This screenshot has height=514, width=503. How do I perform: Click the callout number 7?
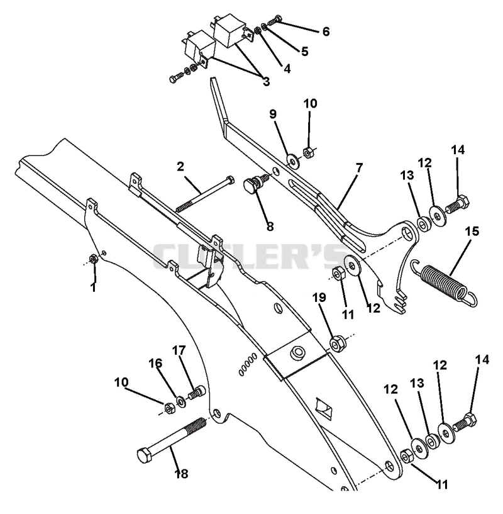[359, 168]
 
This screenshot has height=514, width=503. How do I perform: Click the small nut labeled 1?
[93, 259]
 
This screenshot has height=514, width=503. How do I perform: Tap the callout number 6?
[326, 32]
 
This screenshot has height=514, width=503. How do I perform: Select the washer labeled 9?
[292, 160]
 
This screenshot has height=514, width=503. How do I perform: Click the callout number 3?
[266, 82]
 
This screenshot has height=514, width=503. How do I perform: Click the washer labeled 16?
[180, 401]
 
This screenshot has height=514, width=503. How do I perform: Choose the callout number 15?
[472, 231]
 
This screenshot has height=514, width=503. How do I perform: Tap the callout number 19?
[319, 298]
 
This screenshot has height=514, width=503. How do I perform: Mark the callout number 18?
[182, 474]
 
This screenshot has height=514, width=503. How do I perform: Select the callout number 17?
[179, 350]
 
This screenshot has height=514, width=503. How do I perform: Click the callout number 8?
[270, 226]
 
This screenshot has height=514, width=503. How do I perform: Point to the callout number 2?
[180, 167]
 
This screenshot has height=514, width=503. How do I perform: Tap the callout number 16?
[155, 363]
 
